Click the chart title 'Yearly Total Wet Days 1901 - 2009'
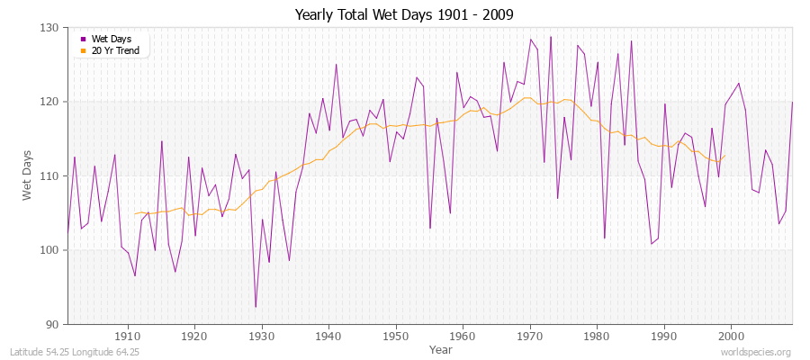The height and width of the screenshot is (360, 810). pos(404,15)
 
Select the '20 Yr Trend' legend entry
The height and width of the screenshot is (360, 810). pos(115,50)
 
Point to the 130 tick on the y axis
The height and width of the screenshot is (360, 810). pos(50,28)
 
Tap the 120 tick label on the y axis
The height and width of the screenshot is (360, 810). pos(50,102)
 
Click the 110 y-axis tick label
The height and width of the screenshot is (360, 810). pos(50,175)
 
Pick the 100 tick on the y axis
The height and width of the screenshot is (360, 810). pos(50,250)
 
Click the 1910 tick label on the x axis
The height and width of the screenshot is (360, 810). pos(128,337)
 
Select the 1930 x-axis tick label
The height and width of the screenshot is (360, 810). pos(262,337)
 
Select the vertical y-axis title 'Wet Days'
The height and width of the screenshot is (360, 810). pos(27,175)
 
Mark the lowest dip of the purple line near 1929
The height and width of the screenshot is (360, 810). pos(256,307)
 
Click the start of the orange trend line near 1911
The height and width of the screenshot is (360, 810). pos(135,213)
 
